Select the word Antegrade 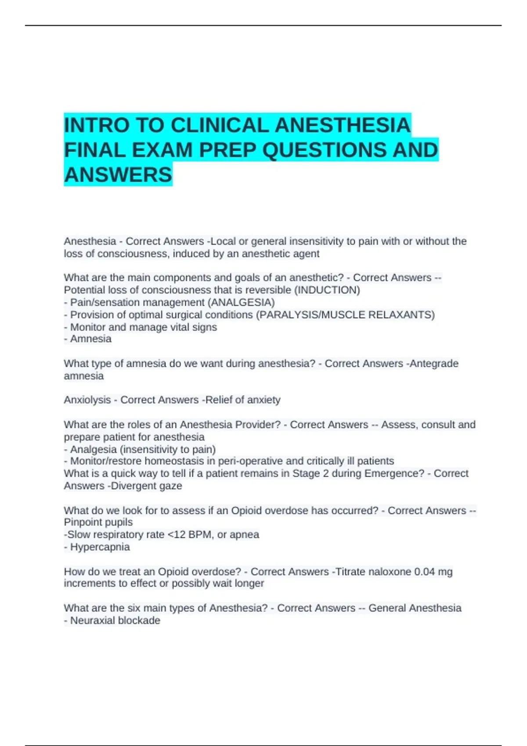point(434,363)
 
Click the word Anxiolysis point(87,400)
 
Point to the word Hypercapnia point(100,547)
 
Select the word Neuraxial point(91,620)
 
